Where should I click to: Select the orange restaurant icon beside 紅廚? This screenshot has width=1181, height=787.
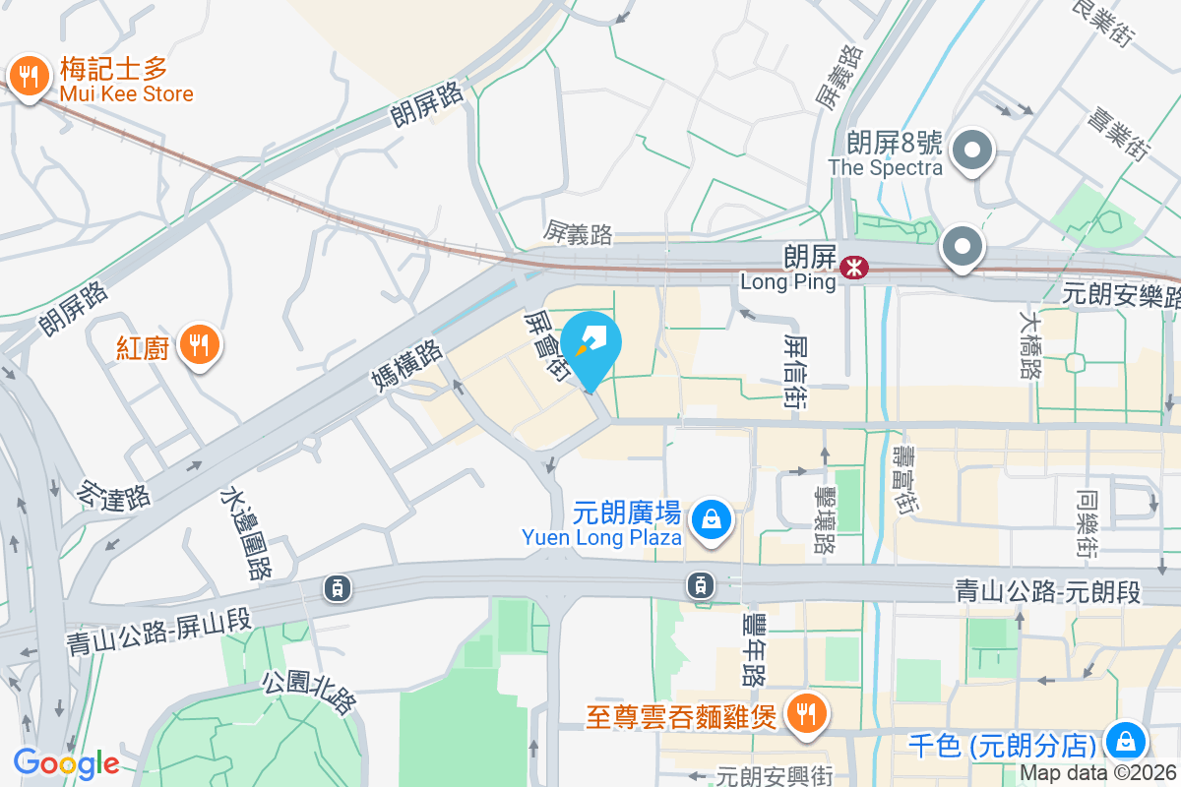(x=201, y=344)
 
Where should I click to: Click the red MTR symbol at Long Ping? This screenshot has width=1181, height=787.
(x=853, y=265)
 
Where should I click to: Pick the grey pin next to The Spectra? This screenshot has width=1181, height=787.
(x=973, y=151)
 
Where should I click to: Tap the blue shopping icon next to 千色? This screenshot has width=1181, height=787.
(x=1125, y=741)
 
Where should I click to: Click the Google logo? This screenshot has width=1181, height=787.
(x=66, y=763)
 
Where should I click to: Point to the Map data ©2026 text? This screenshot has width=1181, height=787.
(x=1097, y=773)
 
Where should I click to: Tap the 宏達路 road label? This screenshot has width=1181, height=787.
(x=117, y=486)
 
